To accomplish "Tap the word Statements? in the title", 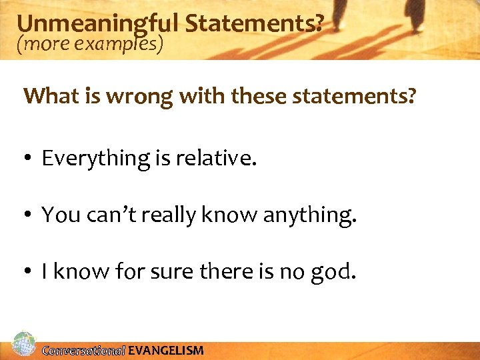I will coord(255,24).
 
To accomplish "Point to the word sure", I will coord(167,272).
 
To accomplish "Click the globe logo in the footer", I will coord(23,345).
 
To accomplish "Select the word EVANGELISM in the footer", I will coord(166,351).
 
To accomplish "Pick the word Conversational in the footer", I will coord(83,351).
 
